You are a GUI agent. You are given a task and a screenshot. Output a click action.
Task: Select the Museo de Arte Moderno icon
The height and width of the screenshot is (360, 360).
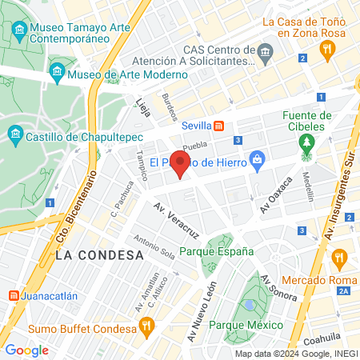(57, 74)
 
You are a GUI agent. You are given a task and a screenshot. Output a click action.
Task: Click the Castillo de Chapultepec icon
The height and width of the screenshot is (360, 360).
(14, 133)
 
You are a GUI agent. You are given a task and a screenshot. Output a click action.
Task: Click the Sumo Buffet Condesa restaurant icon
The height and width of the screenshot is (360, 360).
(146, 326)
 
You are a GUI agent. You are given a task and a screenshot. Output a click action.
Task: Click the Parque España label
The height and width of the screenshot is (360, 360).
(217, 251)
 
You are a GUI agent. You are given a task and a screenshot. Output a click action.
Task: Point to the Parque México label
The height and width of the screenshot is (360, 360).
(246, 325)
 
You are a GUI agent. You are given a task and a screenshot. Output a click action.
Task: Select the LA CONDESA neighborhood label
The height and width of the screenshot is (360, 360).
(99, 254)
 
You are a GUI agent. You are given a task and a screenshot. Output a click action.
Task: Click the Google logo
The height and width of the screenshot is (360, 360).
(26, 350)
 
